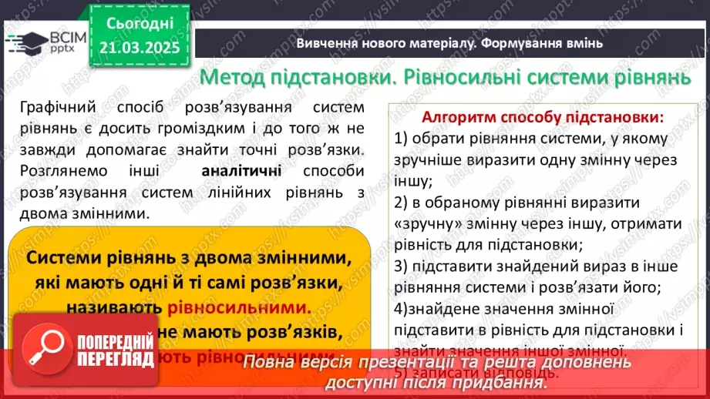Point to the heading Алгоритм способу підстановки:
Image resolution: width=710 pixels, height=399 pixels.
[542, 119]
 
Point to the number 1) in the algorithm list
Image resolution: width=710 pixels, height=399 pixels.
[400, 139]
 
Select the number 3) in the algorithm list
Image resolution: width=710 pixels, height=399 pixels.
[400, 267]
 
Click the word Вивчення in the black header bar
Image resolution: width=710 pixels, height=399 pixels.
[325, 42]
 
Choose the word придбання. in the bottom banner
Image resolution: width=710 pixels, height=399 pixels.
[503, 382]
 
